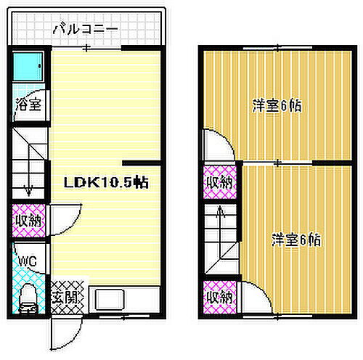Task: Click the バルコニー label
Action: click(x=85, y=29)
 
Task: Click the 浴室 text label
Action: click(x=29, y=104)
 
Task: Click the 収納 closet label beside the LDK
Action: click(x=28, y=220)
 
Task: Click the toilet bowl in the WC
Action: click(x=28, y=298)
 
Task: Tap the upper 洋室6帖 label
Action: click(x=277, y=106)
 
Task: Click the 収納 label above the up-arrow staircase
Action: click(x=218, y=183)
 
